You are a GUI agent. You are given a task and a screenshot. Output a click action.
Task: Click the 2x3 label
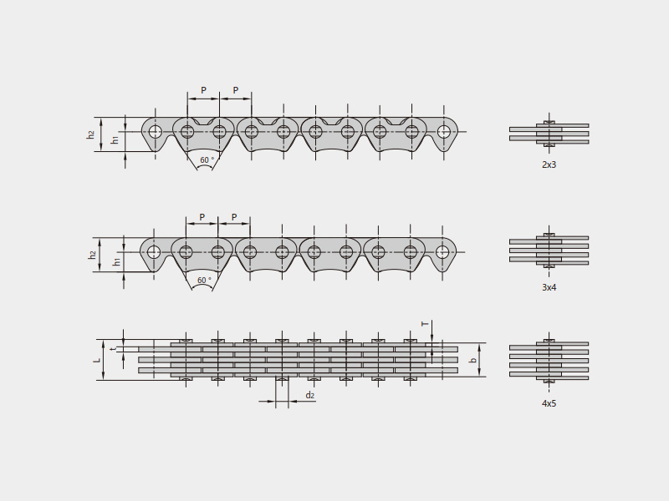(549, 164)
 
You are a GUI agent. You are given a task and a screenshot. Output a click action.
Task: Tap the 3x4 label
(549, 287)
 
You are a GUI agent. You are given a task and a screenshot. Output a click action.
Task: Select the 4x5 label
(549, 403)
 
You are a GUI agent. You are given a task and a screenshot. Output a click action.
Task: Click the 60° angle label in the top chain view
(207, 159)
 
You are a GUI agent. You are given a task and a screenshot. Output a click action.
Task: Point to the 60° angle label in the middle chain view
(204, 280)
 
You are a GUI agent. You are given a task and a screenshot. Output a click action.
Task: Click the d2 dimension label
(309, 395)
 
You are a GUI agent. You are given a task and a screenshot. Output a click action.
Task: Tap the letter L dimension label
(97, 360)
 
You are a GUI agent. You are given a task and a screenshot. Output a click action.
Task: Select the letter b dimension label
(472, 360)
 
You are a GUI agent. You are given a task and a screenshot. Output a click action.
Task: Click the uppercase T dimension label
(425, 324)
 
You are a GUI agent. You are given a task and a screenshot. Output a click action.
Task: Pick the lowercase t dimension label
(113, 349)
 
